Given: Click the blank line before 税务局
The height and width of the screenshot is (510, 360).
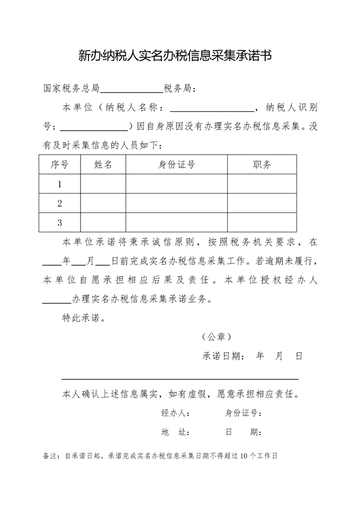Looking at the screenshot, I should (x=131, y=89).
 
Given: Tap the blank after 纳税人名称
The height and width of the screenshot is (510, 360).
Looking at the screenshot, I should (x=212, y=108).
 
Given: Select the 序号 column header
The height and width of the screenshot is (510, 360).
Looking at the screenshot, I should (x=60, y=165).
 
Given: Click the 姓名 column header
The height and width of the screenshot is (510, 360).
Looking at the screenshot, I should (x=103, y=165).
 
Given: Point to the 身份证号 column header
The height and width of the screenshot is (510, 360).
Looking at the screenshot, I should (x=177, y=165).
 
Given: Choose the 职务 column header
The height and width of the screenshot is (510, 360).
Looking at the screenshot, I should (x=262, y=165).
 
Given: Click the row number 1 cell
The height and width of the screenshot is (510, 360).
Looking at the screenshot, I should (x=60, y=184).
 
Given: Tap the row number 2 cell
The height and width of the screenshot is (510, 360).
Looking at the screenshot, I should (x=60, y=203).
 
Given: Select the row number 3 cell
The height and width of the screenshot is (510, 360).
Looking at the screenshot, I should (x=60, y=222).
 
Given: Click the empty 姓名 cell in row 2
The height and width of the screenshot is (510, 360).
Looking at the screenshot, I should (x=103, y=203).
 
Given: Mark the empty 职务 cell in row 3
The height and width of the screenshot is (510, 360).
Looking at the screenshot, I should (x=262, y=222).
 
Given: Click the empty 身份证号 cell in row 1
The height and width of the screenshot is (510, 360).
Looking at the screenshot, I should (x=177, y=184).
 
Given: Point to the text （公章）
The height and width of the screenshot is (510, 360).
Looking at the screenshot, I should (x=216, y=337).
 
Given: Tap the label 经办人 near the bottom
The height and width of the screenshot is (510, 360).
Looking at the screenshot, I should (x=175, y=413).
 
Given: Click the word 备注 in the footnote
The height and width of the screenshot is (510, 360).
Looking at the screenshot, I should (x=50, y=455).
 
